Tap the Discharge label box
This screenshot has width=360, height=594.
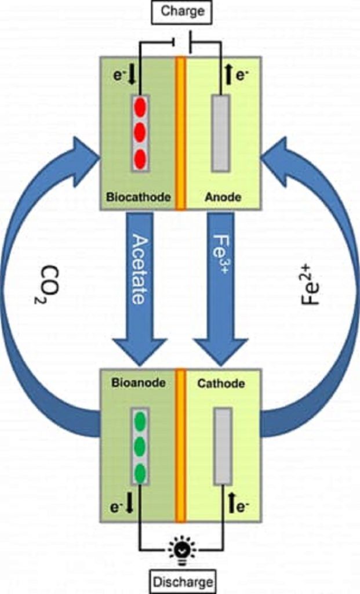pyautogui.click(x=183, y=580)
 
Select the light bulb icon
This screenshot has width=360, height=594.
pyautogui.click(x=181, y=549)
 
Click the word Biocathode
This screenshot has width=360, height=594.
pyautogui.click(x=139, y=197)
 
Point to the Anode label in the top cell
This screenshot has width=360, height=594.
pyautogui.click(x=223, y=197)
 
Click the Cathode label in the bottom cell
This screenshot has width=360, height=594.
pyautogui.click(x=221, y=383)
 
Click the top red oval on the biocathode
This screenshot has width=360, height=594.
pyautogui.click(x=140, y=107)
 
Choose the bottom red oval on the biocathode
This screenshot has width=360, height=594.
pyautogui.click(x=140, y=157)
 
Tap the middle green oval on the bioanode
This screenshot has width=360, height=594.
pyautogui.click(x=140, y=447)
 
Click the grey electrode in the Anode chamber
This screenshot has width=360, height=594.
pyautogui.click(x=220, y=133)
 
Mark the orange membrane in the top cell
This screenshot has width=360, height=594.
pyautogui.click(x=180, y=133)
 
